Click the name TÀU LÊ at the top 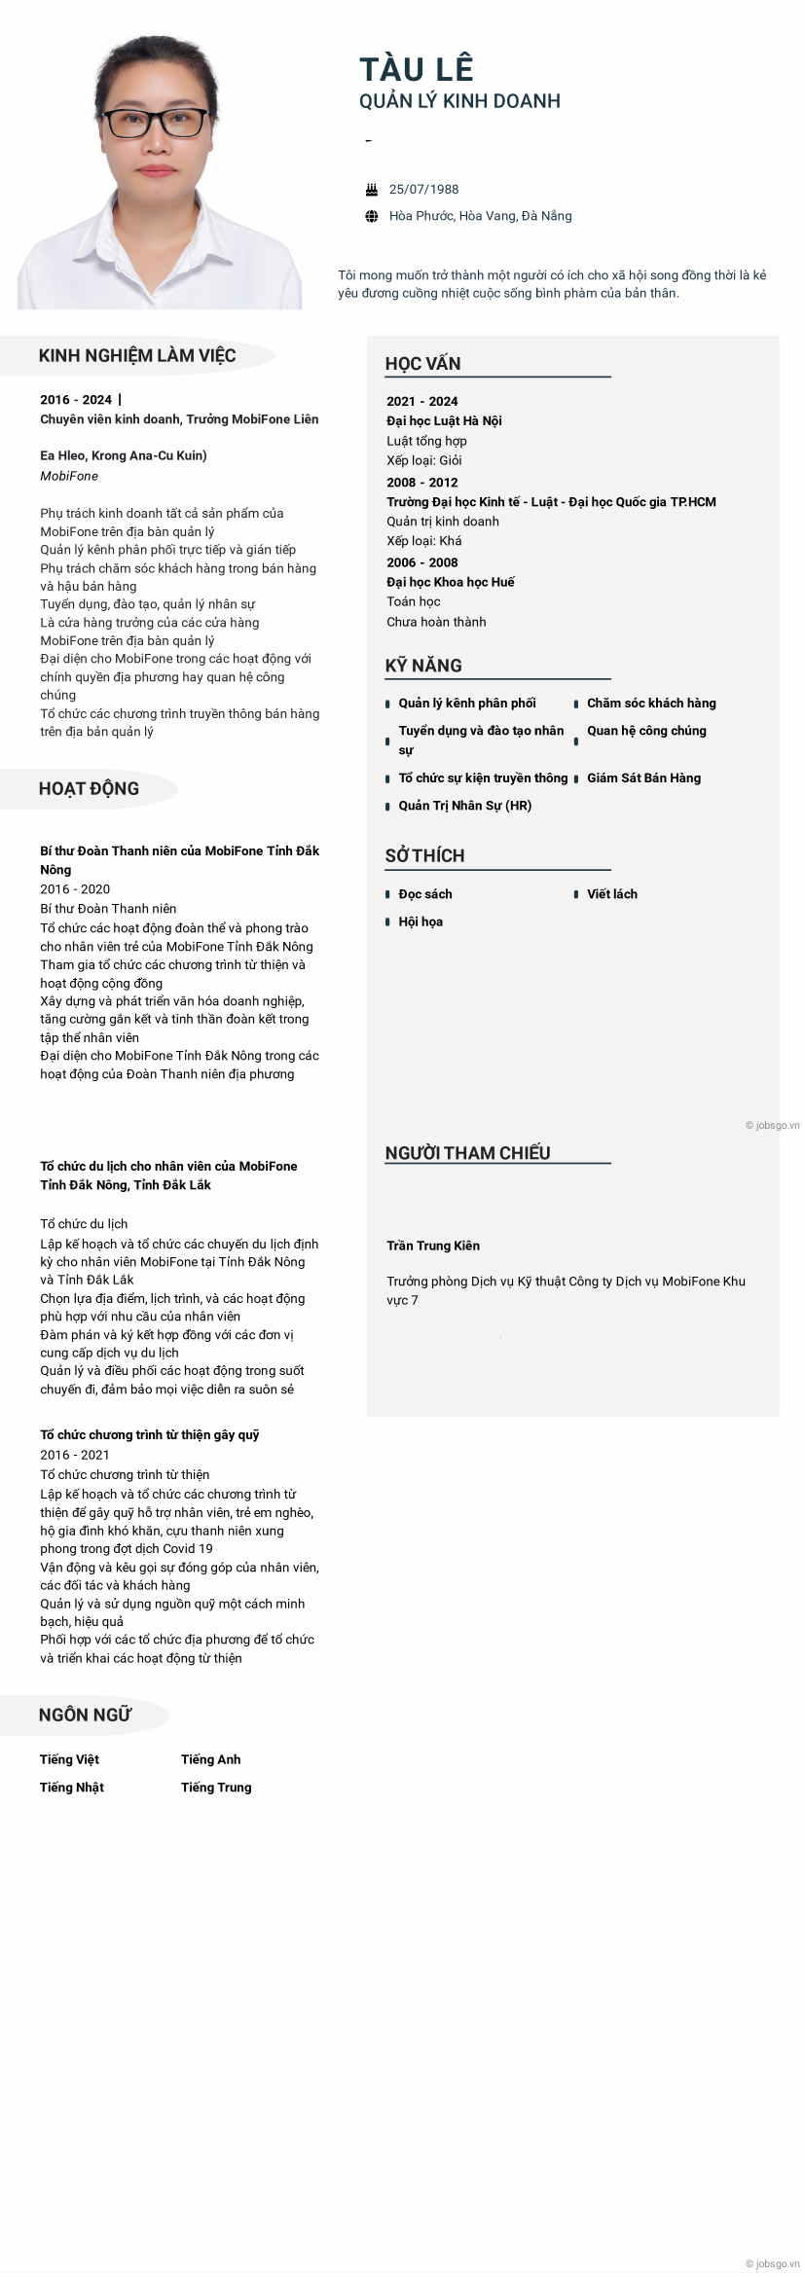point(416,68)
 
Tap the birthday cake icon point(372,190)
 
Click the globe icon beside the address point(372,216)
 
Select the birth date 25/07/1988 point(423,190)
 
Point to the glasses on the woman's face point(156,123)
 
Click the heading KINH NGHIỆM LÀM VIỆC point(137,355)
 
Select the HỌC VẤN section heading point(422,364)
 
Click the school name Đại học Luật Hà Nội point(444,420)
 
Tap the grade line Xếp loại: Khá point(423,541)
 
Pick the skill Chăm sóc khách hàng point(651,703)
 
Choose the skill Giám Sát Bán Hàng point(643,777)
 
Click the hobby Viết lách point(612,893)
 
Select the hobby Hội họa point(421,922)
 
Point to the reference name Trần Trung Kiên point(433,1246)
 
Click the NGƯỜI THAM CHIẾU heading point(467,1153)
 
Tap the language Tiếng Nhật point(72,1787)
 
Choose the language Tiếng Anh point(210,1759)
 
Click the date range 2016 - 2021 point(75,1455)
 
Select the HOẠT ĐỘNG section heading point(89,788)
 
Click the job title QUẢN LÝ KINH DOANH point(459,101)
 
